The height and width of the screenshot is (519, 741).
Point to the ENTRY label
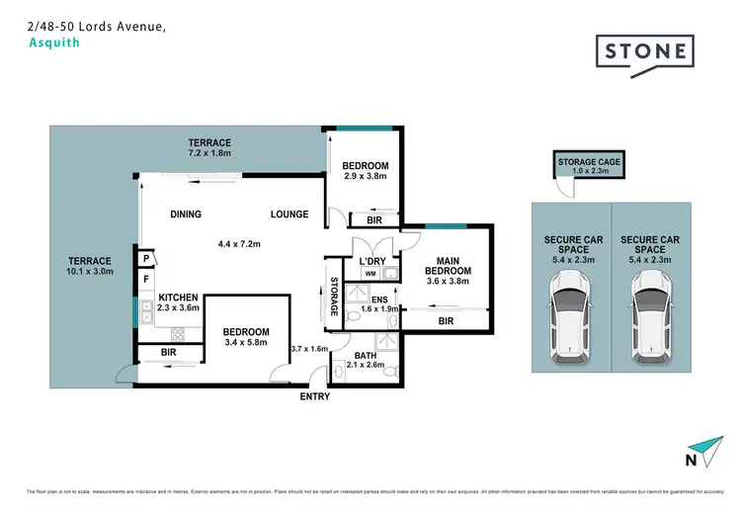click(x=314, y=396)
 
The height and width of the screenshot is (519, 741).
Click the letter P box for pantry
click(x=144, y=258)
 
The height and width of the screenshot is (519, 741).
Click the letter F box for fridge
click(x=144, y=280)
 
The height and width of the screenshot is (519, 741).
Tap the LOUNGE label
click(x=289, y=215)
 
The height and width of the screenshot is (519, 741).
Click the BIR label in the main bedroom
click(x=446, y=321)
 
